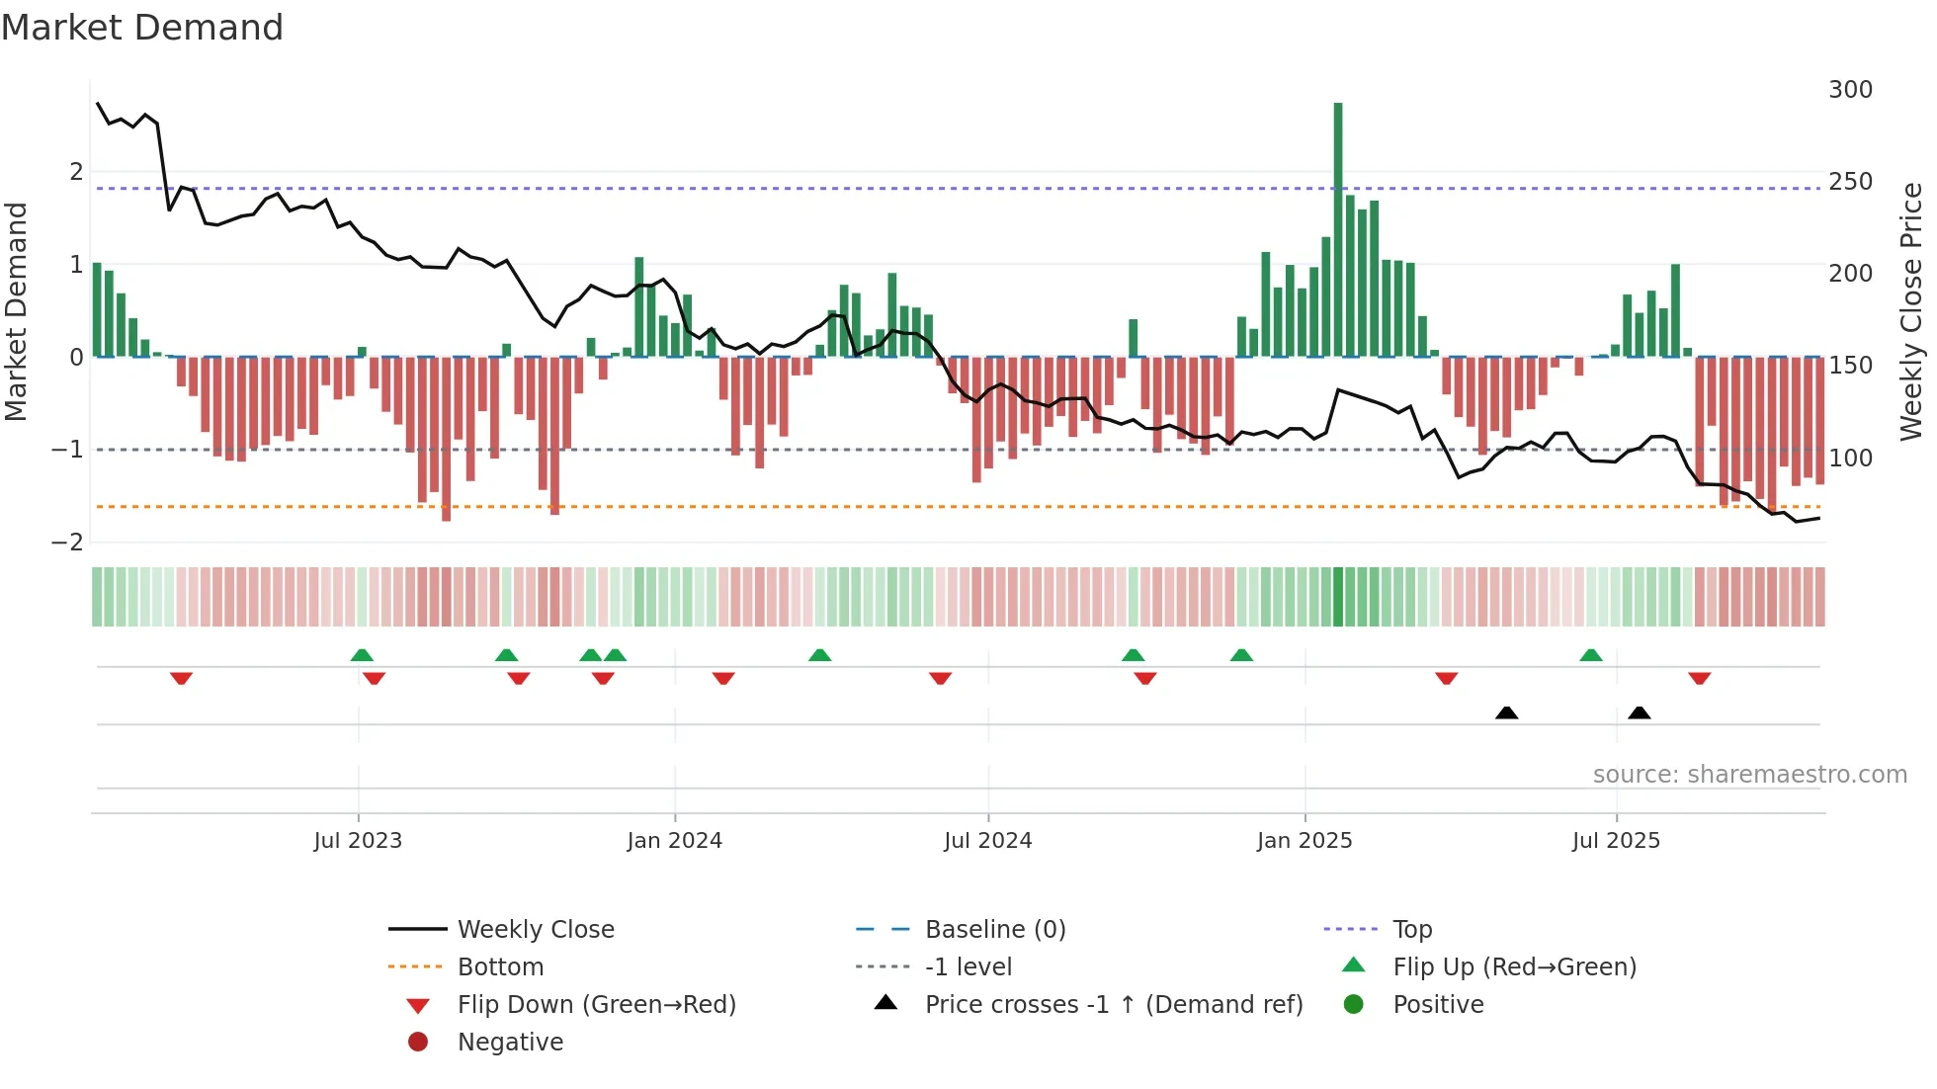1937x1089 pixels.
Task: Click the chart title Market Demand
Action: [142, 28]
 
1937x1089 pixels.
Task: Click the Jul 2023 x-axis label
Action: [358, 841]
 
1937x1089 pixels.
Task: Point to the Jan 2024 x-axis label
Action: [675, 841]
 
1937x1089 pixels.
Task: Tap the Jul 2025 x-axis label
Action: [1617, 841]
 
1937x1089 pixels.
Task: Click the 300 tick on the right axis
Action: [1850, 90]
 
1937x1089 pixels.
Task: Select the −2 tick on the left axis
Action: [68, 543]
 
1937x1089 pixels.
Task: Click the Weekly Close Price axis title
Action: [1911, 311]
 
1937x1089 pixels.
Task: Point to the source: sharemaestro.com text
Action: [1749, 775]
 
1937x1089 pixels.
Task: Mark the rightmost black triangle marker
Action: [1640, 713]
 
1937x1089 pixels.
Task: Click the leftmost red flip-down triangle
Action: [181, 678]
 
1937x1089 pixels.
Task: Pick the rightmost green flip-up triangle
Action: [1591, 655]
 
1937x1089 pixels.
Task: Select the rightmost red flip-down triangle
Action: [1700, 678]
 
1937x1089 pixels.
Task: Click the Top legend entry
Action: [1412, 930]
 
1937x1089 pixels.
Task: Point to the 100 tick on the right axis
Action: [1850, 459]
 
